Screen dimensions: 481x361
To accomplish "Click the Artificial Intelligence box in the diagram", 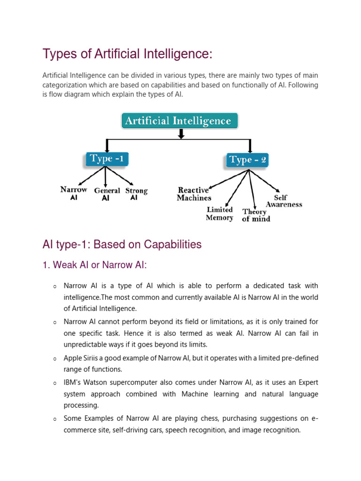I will (x=180, y=121).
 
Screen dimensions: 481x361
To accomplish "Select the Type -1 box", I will (x=107, y=159).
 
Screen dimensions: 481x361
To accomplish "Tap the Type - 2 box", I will (x=248, y=160).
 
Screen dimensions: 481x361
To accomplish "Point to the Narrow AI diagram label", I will (x=74, y=194).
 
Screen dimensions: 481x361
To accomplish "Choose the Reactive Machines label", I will (x=194, y=194).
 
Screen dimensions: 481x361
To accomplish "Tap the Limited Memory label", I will (x=220, y=214).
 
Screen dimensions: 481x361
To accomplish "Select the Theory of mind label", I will (x=256, y=215).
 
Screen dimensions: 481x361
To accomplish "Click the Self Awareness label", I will (x=283, y=201).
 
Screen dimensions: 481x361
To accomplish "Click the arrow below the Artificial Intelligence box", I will (x=180, y=134).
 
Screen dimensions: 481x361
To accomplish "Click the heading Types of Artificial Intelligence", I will (x=127, y=54).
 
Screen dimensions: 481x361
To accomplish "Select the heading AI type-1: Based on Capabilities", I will (x=122, y=244).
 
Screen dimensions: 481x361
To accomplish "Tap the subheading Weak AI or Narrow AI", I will (x=94, y=265).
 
